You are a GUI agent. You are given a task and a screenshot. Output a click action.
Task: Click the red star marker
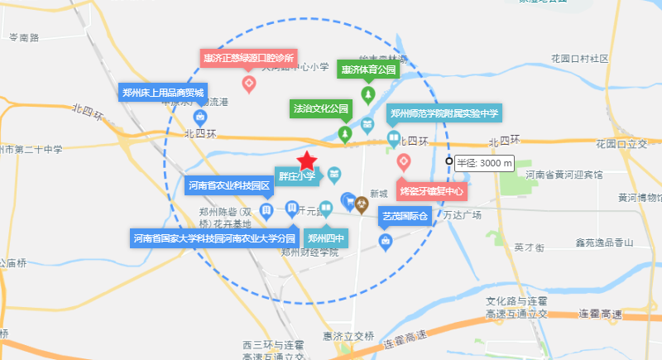pos(307,161)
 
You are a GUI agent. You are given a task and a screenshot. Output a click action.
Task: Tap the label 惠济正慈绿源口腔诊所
pos(248,58)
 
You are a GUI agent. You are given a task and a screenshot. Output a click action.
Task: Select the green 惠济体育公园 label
pos(368,70)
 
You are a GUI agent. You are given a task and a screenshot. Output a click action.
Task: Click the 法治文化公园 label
pos(322,108)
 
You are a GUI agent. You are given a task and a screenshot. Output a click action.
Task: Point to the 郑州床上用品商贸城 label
pos(162,92)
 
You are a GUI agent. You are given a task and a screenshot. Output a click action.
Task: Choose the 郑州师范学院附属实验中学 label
pos(444,113)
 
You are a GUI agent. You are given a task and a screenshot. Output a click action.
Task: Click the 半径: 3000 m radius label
pos(484,163)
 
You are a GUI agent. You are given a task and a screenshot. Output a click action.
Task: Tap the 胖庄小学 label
pos(296,175)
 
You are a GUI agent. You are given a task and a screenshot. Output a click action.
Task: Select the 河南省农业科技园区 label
pos(229,185)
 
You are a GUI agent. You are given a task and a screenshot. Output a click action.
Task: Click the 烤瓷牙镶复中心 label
pos(432,191)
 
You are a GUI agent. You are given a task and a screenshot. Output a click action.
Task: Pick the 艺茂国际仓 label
pos(405,218)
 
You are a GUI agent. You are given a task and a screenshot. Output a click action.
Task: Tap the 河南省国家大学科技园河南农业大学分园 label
pos(214,238)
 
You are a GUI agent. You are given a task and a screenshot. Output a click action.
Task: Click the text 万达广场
pos(462,215)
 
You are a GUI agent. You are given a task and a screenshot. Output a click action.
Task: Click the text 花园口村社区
pos(579,59)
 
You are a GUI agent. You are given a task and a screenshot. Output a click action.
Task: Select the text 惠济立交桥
pos(349,336)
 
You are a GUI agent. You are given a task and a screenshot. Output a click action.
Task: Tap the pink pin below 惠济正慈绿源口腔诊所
pos(248,83)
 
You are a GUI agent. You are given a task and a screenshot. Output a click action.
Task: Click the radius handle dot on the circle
pos(449,162)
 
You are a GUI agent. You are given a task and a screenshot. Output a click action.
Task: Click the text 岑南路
pos(24,38)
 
